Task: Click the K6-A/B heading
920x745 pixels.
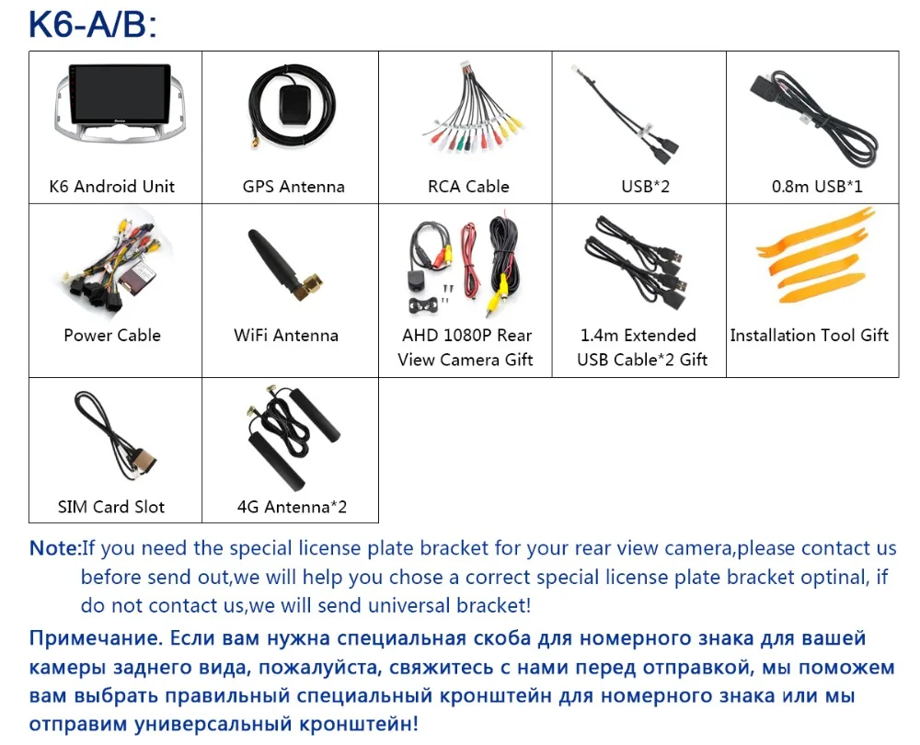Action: (93, 25)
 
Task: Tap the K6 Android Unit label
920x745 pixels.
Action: (112, 187)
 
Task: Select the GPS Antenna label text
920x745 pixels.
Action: (293, 187)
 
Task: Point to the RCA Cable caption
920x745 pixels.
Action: (468, 187)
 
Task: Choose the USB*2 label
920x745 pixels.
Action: (646, 187)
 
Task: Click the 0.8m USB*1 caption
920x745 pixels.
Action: (817, 187)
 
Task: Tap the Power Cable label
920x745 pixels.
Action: (112, 336)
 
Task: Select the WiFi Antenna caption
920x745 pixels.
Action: (286, 336)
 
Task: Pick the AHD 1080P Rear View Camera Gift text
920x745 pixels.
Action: (466, 348)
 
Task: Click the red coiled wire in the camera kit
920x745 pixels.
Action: (469, 259)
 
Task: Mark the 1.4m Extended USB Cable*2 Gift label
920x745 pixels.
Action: (641, 348)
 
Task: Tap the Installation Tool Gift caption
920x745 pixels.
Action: (809, 336)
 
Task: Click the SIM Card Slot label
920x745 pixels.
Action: (111, 507)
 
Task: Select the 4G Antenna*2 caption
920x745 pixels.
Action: (292, 507)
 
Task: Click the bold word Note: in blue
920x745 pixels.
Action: (55, 548)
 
